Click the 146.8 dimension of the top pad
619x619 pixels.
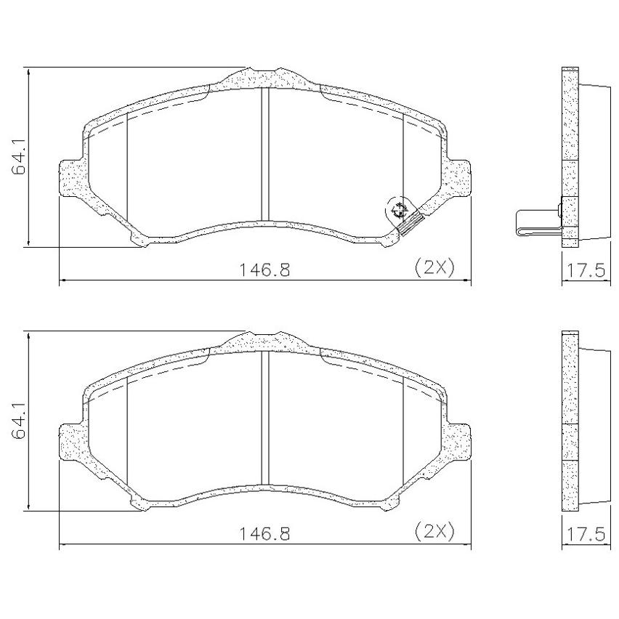(265, 270)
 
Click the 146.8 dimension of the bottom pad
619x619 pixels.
(265, 534)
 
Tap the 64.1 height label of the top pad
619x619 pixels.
(19, 156)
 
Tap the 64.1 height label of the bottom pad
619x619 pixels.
(19, 421)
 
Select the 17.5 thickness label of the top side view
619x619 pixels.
(586, 271)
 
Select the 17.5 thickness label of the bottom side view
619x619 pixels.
(586, 535)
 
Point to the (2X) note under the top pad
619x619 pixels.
(434, 267)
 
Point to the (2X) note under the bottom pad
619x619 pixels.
(434, 532)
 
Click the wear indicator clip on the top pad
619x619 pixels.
(411, 224)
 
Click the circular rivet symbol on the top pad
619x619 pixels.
(399, 210)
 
